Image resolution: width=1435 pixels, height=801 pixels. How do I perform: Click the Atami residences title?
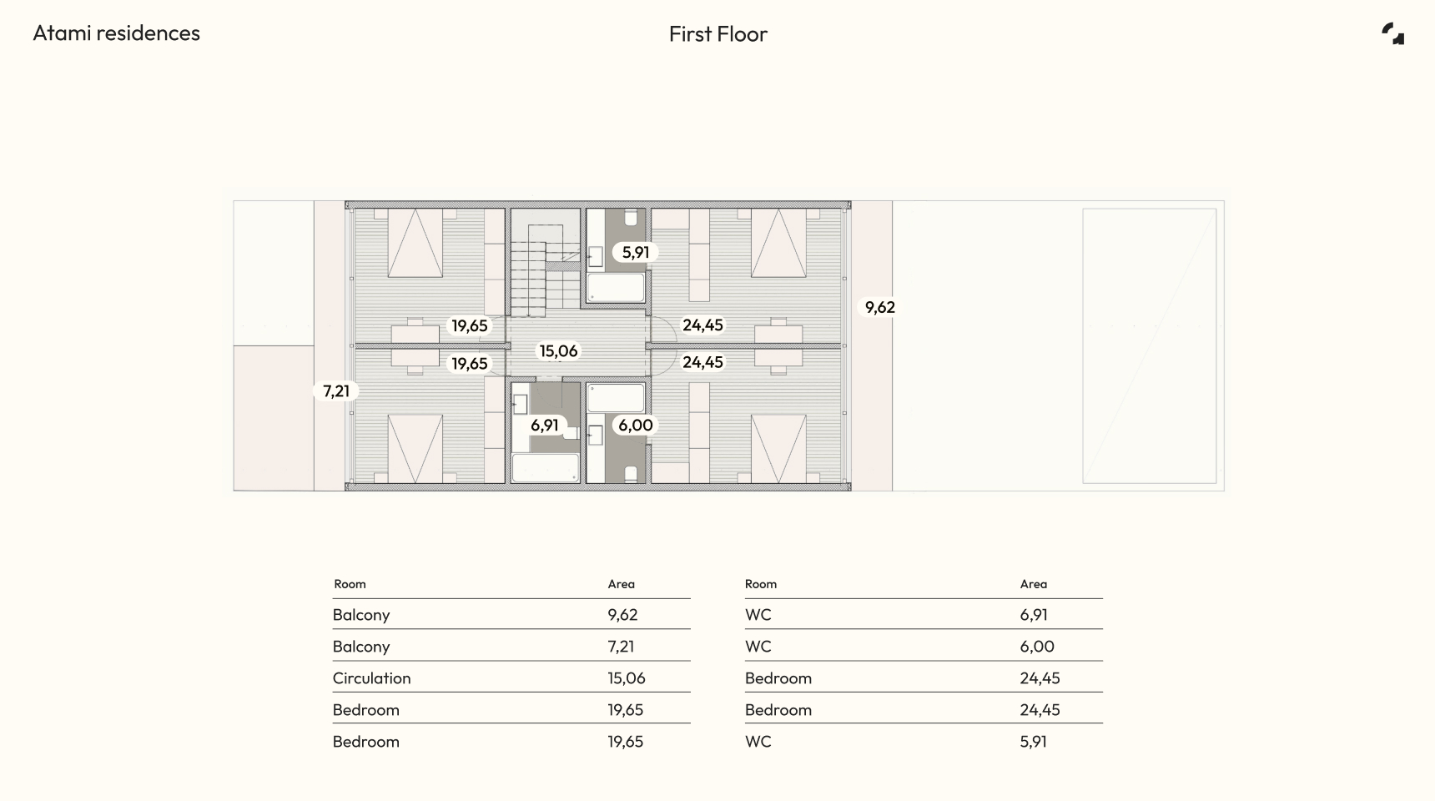[117, 33]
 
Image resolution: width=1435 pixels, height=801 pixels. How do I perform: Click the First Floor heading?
[718, 34]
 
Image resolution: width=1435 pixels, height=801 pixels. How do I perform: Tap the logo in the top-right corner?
[1392, 33]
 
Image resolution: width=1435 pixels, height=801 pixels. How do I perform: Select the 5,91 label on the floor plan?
[636, 252]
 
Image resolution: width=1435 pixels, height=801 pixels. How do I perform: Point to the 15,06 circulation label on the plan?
[558, 351]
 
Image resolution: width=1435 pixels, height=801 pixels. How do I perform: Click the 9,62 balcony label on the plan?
[880, 307]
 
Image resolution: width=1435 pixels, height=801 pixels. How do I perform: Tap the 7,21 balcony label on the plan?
[336, 390]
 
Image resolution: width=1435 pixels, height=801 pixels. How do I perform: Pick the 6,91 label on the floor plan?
[545, 426]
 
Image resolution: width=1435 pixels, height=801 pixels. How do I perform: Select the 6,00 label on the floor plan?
[636, 426]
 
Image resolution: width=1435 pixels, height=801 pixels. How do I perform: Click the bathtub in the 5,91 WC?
[617, 288]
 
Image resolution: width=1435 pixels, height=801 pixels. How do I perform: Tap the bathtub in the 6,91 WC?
[546, 468]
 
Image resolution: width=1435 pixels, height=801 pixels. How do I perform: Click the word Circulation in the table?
[372, 678]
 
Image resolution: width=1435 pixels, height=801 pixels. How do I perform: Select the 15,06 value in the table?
[627, 678]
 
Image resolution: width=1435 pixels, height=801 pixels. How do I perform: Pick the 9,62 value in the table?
[622, 615]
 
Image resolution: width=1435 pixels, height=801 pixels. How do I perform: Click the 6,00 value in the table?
[1037, 647]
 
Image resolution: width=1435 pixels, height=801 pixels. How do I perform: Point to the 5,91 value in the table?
[1033, 742]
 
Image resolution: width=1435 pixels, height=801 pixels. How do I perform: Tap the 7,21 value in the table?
[621, 647]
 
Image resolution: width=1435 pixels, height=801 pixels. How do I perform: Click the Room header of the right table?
[761, 584]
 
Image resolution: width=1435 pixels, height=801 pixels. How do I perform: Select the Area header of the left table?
[622, 584]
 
